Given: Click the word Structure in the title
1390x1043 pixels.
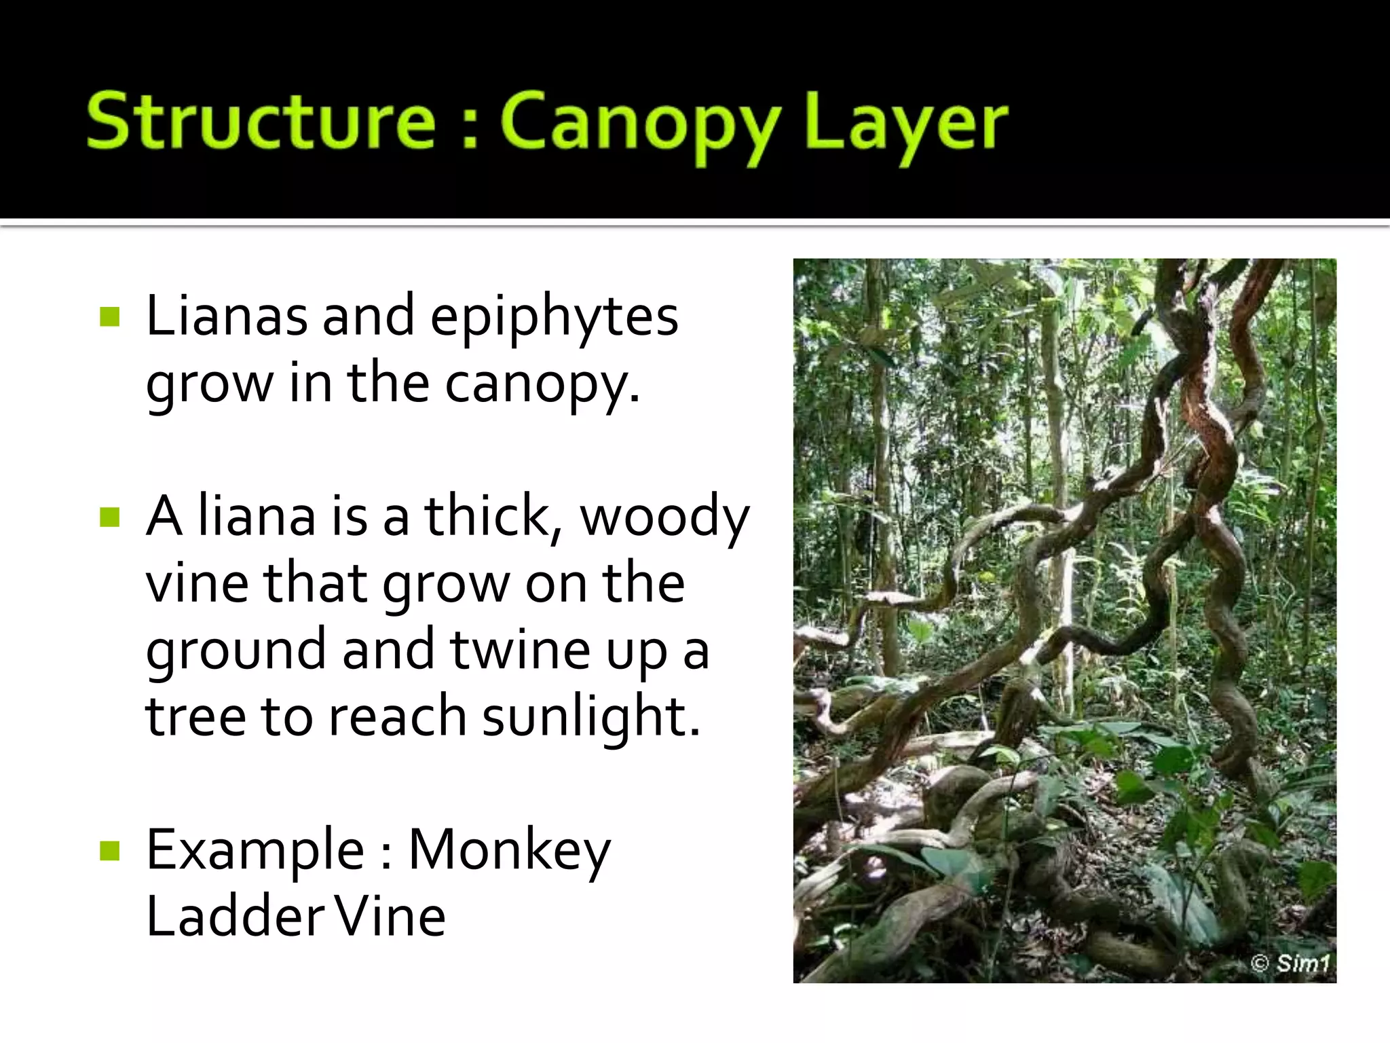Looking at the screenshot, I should [x=261, y=122].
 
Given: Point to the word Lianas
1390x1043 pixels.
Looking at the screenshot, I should [x=227, y=316].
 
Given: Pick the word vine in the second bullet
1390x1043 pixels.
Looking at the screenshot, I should [x=197, y=583].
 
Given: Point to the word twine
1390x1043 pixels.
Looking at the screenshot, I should [x=519, y=649].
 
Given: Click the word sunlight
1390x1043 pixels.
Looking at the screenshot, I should [x=590, y=717].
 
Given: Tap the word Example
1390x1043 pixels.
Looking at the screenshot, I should [x=255, y=850].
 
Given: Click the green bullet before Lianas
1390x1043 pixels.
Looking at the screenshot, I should [x=109, y=316].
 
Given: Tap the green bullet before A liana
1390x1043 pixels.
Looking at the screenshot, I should [x=109, y=517].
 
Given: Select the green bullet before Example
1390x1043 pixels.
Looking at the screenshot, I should [x=109, y=851].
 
